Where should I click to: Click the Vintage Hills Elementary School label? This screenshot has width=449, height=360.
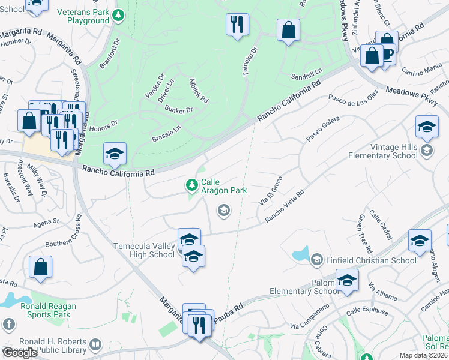[383, 151]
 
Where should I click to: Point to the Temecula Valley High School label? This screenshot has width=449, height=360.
[144, 250]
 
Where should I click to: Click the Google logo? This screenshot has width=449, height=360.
[20, 353]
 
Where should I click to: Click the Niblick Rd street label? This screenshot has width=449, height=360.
[198, 90]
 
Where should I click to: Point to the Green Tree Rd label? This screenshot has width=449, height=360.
[366, 234]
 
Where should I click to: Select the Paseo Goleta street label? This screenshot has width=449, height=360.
[323, 128]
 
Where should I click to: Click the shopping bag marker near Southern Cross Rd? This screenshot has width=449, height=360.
[40, 267]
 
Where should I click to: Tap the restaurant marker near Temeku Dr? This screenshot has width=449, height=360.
[237, 25]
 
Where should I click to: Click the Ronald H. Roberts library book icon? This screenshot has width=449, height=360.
[95, 344]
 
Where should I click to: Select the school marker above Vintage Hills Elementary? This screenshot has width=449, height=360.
[427, 127]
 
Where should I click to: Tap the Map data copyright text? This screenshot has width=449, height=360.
[423, 355]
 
